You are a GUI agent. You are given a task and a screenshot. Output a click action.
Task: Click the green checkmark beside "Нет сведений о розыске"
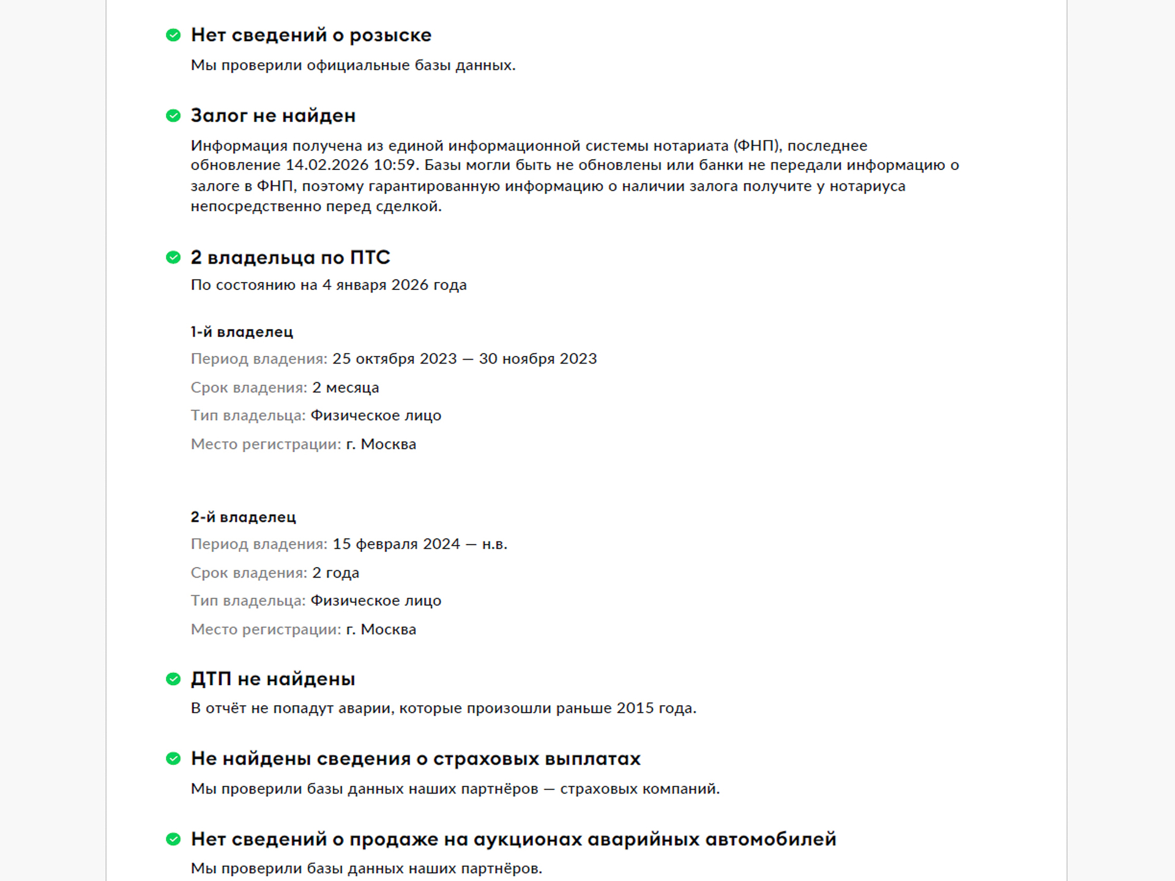pyautogui.click(x=173, y=35)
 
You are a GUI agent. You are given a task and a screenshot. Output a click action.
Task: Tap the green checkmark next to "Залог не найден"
pyautogui.click(x=173, y=116)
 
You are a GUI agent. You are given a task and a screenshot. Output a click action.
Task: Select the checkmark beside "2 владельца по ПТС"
pyautogui.click(x=173, y=258)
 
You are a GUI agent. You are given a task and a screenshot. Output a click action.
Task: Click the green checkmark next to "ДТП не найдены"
pyautogui.click(x=173, y=679)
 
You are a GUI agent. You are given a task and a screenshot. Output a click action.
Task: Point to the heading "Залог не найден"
pyautogui.click(x=273, y=116)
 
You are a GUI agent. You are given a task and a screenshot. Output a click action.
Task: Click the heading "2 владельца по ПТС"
pyautogui.click(x=290, y=258)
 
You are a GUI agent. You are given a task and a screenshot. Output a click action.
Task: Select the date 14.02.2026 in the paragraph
pyautogui.click(x=327, y=165)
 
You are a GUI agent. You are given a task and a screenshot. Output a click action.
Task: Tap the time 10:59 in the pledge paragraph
pyautogui.click(x=394, y=165)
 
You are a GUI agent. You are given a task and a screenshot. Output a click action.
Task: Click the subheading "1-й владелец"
pyautogui.click(x=242, y=332)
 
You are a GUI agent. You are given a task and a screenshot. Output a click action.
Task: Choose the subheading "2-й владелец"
pyautogui.click(x=243, y=518)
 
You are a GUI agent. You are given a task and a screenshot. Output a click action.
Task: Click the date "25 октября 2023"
pyautogui.click(x=394, y=359)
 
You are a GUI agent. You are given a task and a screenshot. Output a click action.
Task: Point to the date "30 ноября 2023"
pyautogui.click(x=537, y=359)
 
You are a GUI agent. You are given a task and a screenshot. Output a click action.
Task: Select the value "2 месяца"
pyautogui.click(x=345, y=388)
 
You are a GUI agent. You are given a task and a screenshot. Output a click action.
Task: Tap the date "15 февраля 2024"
pyautogui.click(x=396, y=545)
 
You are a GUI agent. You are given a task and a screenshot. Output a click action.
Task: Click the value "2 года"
pyautogui.click(x=335, y=573)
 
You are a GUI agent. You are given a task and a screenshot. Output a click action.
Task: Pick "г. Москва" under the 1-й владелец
pyautogui.click(x=381, y=445)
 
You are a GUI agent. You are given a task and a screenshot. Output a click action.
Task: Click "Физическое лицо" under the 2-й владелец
pyautogui.click(x=376, y=601)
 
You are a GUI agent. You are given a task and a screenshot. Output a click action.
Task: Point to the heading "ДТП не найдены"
pyautogui.click(x=273, y=679)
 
